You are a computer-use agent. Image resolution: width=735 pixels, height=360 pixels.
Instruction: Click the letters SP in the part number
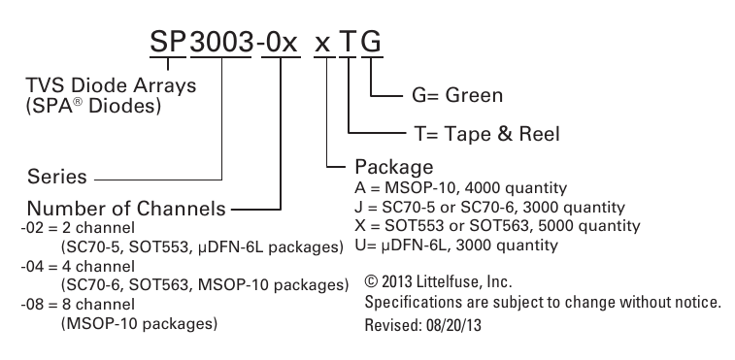[168, 43]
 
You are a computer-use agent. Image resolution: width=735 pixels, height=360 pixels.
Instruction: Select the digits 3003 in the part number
[221, 43]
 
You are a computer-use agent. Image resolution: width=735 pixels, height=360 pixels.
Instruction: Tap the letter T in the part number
[349, 43]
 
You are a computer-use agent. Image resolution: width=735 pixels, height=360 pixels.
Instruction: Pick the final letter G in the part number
[372, 43]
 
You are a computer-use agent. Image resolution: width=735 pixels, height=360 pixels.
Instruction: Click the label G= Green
[457, 95]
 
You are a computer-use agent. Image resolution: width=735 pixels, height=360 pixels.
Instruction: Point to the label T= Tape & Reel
[487, 134]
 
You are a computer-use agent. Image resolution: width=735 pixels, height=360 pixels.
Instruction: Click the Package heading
[394, 167]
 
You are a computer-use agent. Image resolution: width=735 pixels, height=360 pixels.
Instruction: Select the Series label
[57, 177]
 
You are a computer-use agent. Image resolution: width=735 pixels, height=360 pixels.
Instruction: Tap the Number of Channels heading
[126, 208]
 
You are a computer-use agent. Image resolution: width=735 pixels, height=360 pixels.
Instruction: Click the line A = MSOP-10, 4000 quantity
[461, 188]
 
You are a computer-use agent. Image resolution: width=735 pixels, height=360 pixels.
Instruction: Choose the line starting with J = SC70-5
[490, 208]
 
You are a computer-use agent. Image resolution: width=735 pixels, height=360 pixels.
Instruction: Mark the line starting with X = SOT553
[497, 226]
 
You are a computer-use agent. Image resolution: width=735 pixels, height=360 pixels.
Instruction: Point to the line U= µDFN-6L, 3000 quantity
[456, 245]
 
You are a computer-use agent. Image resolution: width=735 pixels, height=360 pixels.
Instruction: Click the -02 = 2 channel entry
[78, 228]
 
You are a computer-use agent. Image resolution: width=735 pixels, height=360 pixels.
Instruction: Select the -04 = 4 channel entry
[78, 267]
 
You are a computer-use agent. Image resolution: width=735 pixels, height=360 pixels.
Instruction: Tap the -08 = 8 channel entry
[78, 305]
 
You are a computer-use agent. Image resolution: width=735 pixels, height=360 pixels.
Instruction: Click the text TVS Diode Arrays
[111, 85]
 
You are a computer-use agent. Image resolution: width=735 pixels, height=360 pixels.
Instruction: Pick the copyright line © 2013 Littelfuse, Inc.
[438, 282]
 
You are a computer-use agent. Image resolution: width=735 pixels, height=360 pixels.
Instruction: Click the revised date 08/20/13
[453, 325]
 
